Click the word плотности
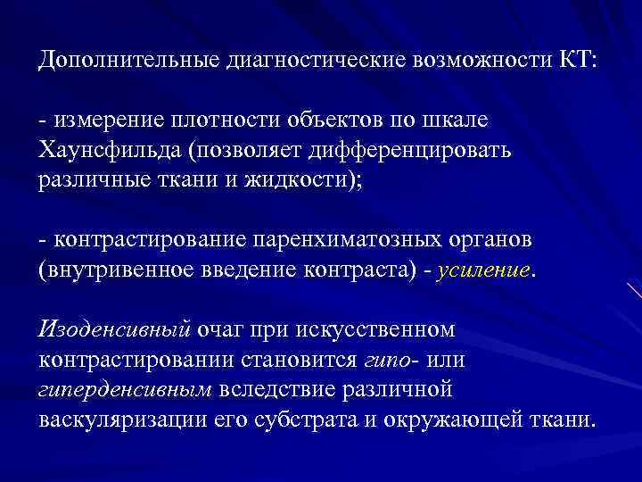232,120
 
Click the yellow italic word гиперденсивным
126,389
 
